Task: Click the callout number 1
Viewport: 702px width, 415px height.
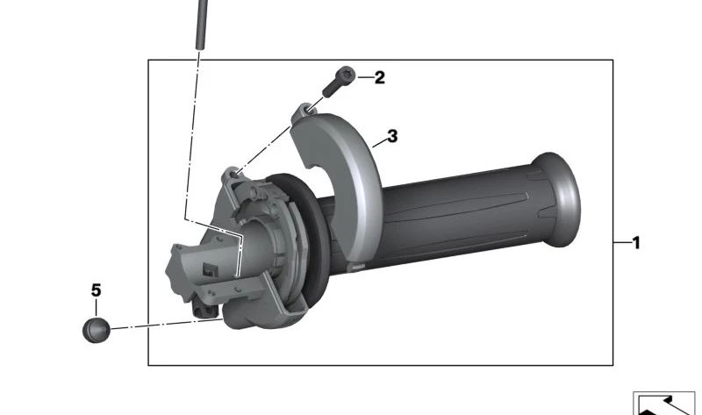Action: pos(635,243)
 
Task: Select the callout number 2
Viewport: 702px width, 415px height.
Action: pos(379,77)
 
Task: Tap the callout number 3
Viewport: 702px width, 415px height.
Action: pos(392,136)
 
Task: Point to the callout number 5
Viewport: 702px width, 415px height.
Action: pos(96,290)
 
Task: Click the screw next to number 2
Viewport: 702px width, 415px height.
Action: pos(339,82)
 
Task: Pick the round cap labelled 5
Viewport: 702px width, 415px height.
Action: pos(97,331)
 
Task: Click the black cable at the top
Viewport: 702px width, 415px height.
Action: pos(202,25)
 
